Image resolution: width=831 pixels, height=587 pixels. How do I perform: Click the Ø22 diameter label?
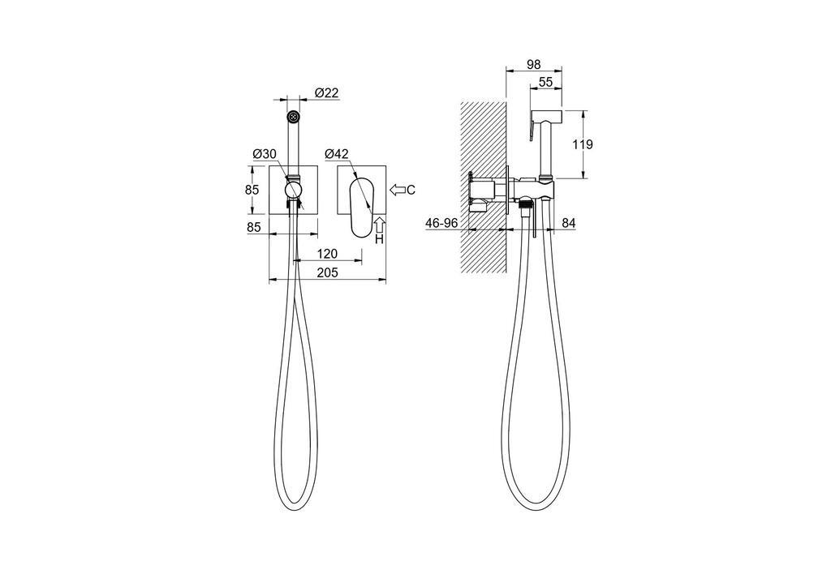pyautogui.click(x=326, y=92)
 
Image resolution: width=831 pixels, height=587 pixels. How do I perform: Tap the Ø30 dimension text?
pyautogui.click(x=265, y=154)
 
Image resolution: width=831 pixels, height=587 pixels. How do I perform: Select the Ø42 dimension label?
pyautogui.click(x=337, y=154)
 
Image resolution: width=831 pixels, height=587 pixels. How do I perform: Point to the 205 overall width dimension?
pyautogui.click(x=329, y=272)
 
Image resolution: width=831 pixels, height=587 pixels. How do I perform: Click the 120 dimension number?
pyautogui.click(x=327, y=254)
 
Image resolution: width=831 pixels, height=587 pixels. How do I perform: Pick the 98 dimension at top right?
pyautogui.click(x=533, y=64)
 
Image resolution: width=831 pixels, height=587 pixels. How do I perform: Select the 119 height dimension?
pyautogui.click(x=583, y=144)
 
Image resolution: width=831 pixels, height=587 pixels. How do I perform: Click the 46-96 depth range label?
pyautogui.click(x=441, y=223)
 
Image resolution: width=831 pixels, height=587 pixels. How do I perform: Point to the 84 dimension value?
pyautogui.click(x=568, y=223)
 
